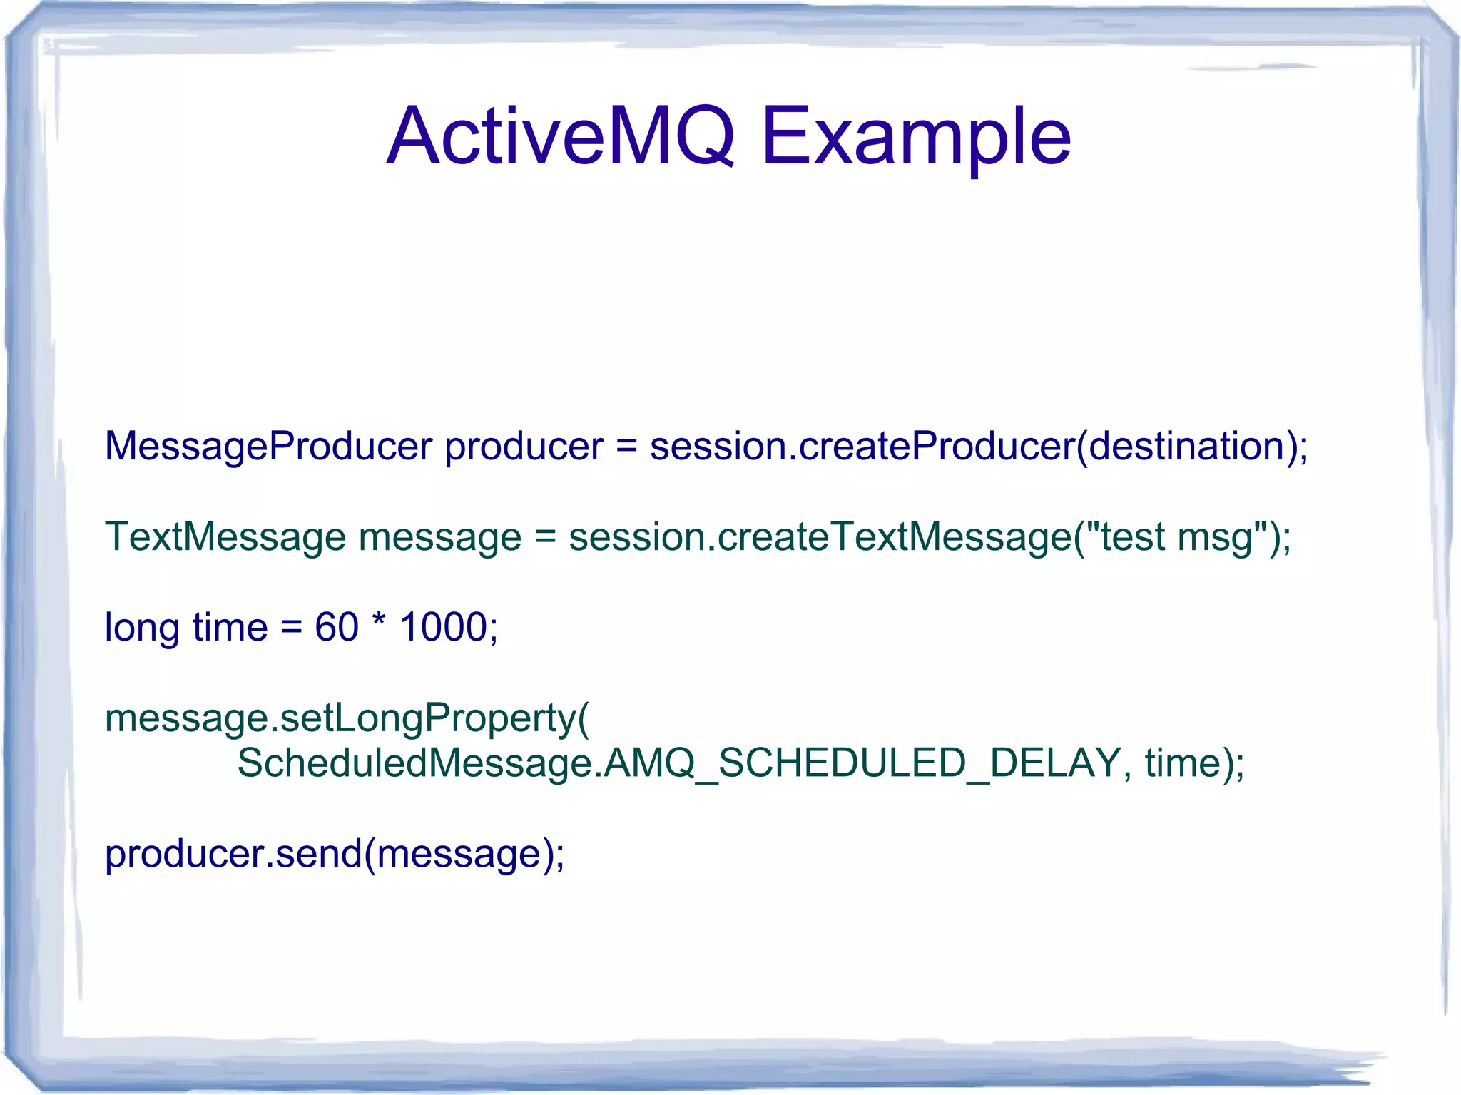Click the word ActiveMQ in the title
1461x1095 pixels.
tap(560, 136)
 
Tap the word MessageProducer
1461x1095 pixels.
tap(268, 447)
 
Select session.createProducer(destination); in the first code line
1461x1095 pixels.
tap(979, 447)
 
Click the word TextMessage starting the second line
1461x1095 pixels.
tap(225, 537)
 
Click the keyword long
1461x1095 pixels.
tap(142, 628)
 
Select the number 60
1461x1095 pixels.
tap(336, 628)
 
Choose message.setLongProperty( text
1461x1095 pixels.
tap(347, 718)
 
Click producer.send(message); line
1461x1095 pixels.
tap(335, 854)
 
